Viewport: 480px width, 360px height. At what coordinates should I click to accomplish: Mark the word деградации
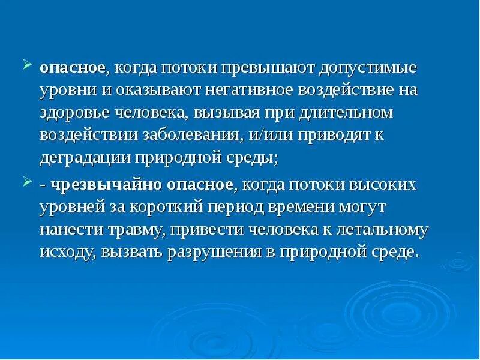click(x=83, y=157)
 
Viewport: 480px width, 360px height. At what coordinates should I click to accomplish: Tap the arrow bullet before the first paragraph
click(x=28, y=64)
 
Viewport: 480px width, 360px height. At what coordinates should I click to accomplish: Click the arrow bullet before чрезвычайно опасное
click(x=28, y=180)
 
